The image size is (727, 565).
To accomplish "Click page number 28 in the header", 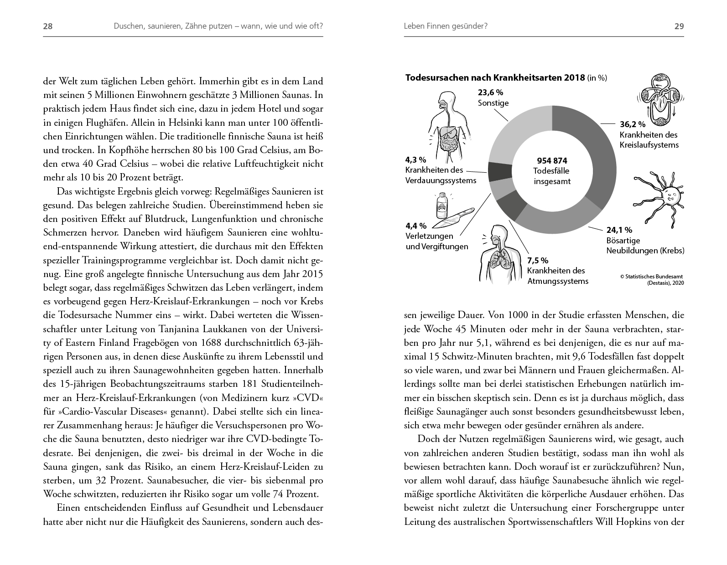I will pos(48,26).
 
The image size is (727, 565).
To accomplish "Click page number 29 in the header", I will pos(679,26).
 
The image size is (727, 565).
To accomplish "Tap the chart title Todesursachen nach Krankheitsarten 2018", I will pos(495,77).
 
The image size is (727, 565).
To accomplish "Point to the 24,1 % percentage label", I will pos(619,230).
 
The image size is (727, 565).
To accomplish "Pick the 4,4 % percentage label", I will pos(416,226).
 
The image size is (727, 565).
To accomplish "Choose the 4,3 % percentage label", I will pos(415,160).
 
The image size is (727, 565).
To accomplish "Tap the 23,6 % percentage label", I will pos(490,92).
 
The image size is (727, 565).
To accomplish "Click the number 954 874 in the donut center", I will pos(552,161).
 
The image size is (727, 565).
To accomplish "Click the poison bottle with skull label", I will pos(441,206).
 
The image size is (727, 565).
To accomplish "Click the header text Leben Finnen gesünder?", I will pos(446,26).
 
